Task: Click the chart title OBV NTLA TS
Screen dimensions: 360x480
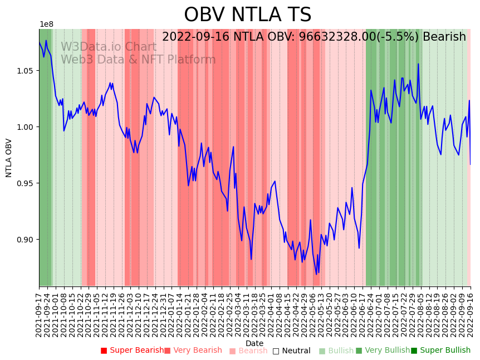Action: tap(247, 15)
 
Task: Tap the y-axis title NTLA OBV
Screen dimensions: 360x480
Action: tap(9, 158)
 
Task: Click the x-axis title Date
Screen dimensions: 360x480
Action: tap(254, 343)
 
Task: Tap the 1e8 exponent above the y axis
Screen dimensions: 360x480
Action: tap(46, 25)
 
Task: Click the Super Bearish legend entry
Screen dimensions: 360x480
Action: tap(132, 351)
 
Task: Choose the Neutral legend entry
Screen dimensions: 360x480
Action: tap(291, 351)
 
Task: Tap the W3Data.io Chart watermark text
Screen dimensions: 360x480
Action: tap(108, 47)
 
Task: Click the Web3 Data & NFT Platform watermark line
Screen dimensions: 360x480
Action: tap(138, 60)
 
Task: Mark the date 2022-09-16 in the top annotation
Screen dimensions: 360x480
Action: tap(197, 37)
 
